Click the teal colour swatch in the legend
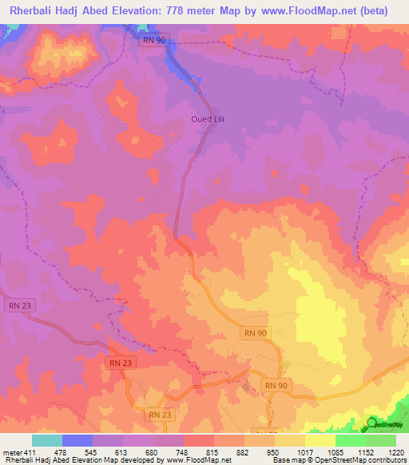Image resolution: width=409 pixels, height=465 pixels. pyautogui.click(x=47, y=440)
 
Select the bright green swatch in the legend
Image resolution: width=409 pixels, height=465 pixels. pyautogui.click(x=351, y=440)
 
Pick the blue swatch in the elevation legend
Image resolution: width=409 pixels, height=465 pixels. pyautogui.click(x=77, y=440)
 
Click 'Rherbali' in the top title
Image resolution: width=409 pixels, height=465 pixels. pyautogui.click(x=35, y=10)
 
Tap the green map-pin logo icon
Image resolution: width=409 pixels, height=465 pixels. pyautogui.click(x=373, y=423)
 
